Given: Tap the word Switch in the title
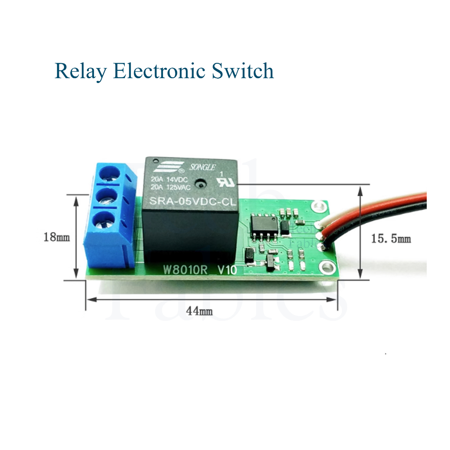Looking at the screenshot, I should pyautogui.click(x=242, y=71).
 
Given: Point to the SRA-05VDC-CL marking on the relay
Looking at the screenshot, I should pyautogui.click(x=193, y=202).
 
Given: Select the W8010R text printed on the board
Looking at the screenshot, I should pyautogui.click(x=185, y=270).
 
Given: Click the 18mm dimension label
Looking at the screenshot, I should pyautogui.click(x=56, y=237).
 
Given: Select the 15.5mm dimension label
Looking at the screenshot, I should pyautogui.click(x=391, y=239).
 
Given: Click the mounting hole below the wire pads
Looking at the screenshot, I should pyautogui.click(x=326, y=266).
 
